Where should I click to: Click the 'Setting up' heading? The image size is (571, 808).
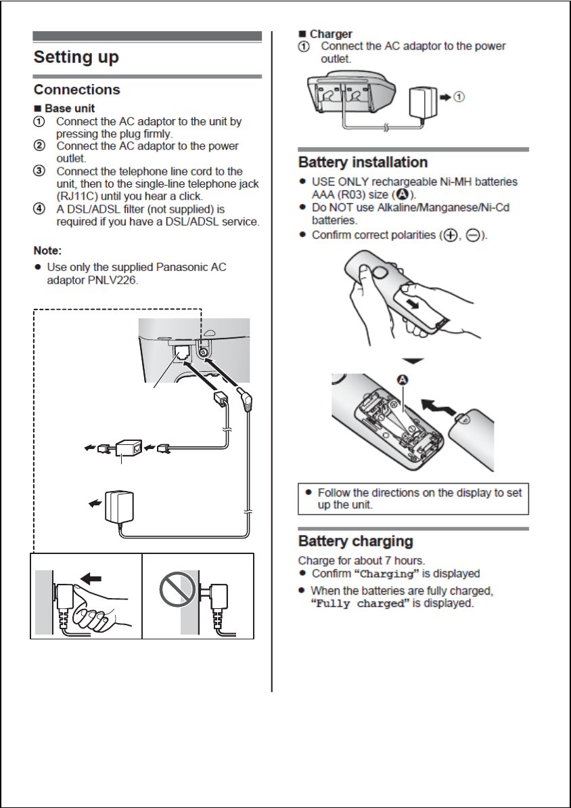pos(76,57)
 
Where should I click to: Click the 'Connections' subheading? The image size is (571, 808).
pos(77,89)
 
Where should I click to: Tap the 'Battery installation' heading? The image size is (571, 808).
pos(363,163)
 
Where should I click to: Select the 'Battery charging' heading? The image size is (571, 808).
pos(355,541)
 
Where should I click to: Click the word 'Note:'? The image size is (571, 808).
pos(48,251)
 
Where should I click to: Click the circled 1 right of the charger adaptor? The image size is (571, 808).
pos(459,97)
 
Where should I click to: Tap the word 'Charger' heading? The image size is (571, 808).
pos(331,33)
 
